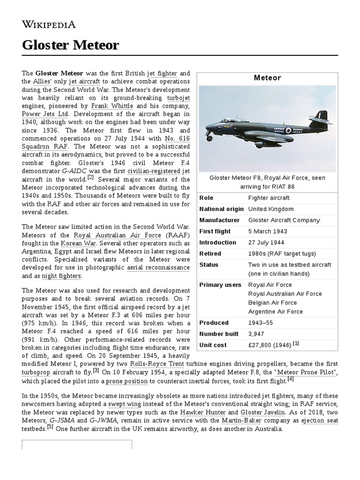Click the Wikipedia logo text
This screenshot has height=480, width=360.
tap(49, 25)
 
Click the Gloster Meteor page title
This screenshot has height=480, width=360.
tap(70, 45)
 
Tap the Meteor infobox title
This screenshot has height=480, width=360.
tap(267, 78)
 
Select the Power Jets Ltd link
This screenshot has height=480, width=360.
tap(46, 113)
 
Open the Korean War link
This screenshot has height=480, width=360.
tap(78, 243)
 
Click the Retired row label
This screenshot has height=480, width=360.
tap(210, 254)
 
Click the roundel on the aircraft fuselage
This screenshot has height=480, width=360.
tap(289, 130)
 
